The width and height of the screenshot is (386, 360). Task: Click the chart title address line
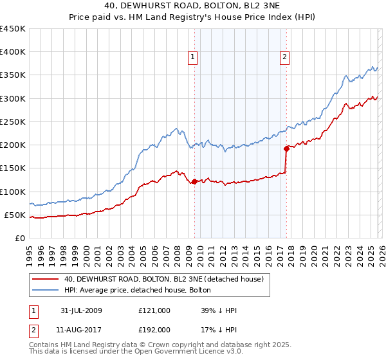click(x=192, y=6)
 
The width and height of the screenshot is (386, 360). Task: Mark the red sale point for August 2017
click(x=286, y=148)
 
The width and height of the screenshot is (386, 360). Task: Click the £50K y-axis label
click(x=15, y=215)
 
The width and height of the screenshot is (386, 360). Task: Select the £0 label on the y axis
click(x=19, y=238)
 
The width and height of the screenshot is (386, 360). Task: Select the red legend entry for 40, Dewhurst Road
click(x=164, y=279)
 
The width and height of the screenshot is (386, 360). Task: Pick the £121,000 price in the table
click(x=154, y=310)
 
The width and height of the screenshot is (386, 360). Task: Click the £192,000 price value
click(x=154, y=330)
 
